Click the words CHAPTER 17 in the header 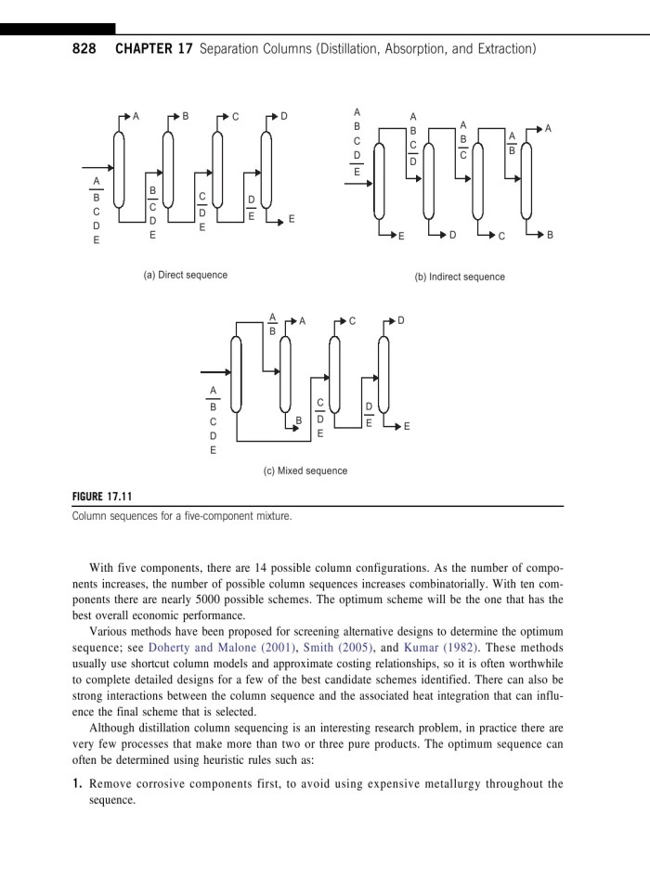pos(153,47)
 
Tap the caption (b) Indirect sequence pos(460,277)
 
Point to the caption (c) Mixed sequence pos(304,471)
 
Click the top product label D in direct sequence pos(285,116)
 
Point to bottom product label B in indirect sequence pos(550,236)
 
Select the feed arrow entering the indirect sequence pos(359,182)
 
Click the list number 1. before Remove pos(79,783)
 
